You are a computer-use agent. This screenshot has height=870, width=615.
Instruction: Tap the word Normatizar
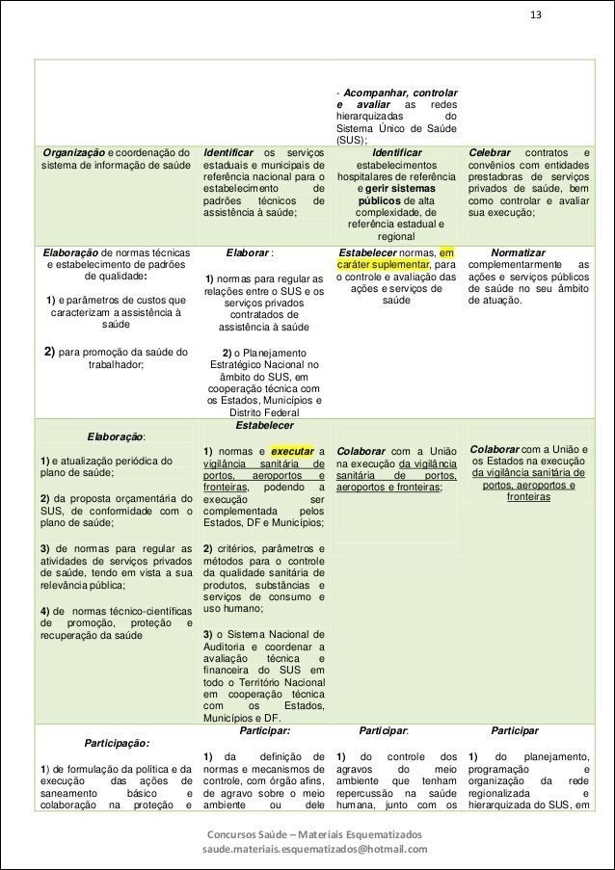518,252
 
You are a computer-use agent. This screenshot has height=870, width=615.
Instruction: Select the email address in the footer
313,850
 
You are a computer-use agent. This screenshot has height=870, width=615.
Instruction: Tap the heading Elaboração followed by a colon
115,435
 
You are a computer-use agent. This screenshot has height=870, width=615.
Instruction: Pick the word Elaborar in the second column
248,252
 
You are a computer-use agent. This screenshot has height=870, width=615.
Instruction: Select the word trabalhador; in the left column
115,364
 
